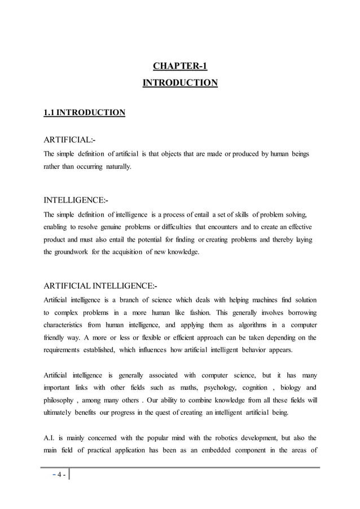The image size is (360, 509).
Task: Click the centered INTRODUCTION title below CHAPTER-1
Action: pos(180,83)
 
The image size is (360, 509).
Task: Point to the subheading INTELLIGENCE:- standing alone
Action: pos(76,200)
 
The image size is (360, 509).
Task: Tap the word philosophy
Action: pos(59,401)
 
